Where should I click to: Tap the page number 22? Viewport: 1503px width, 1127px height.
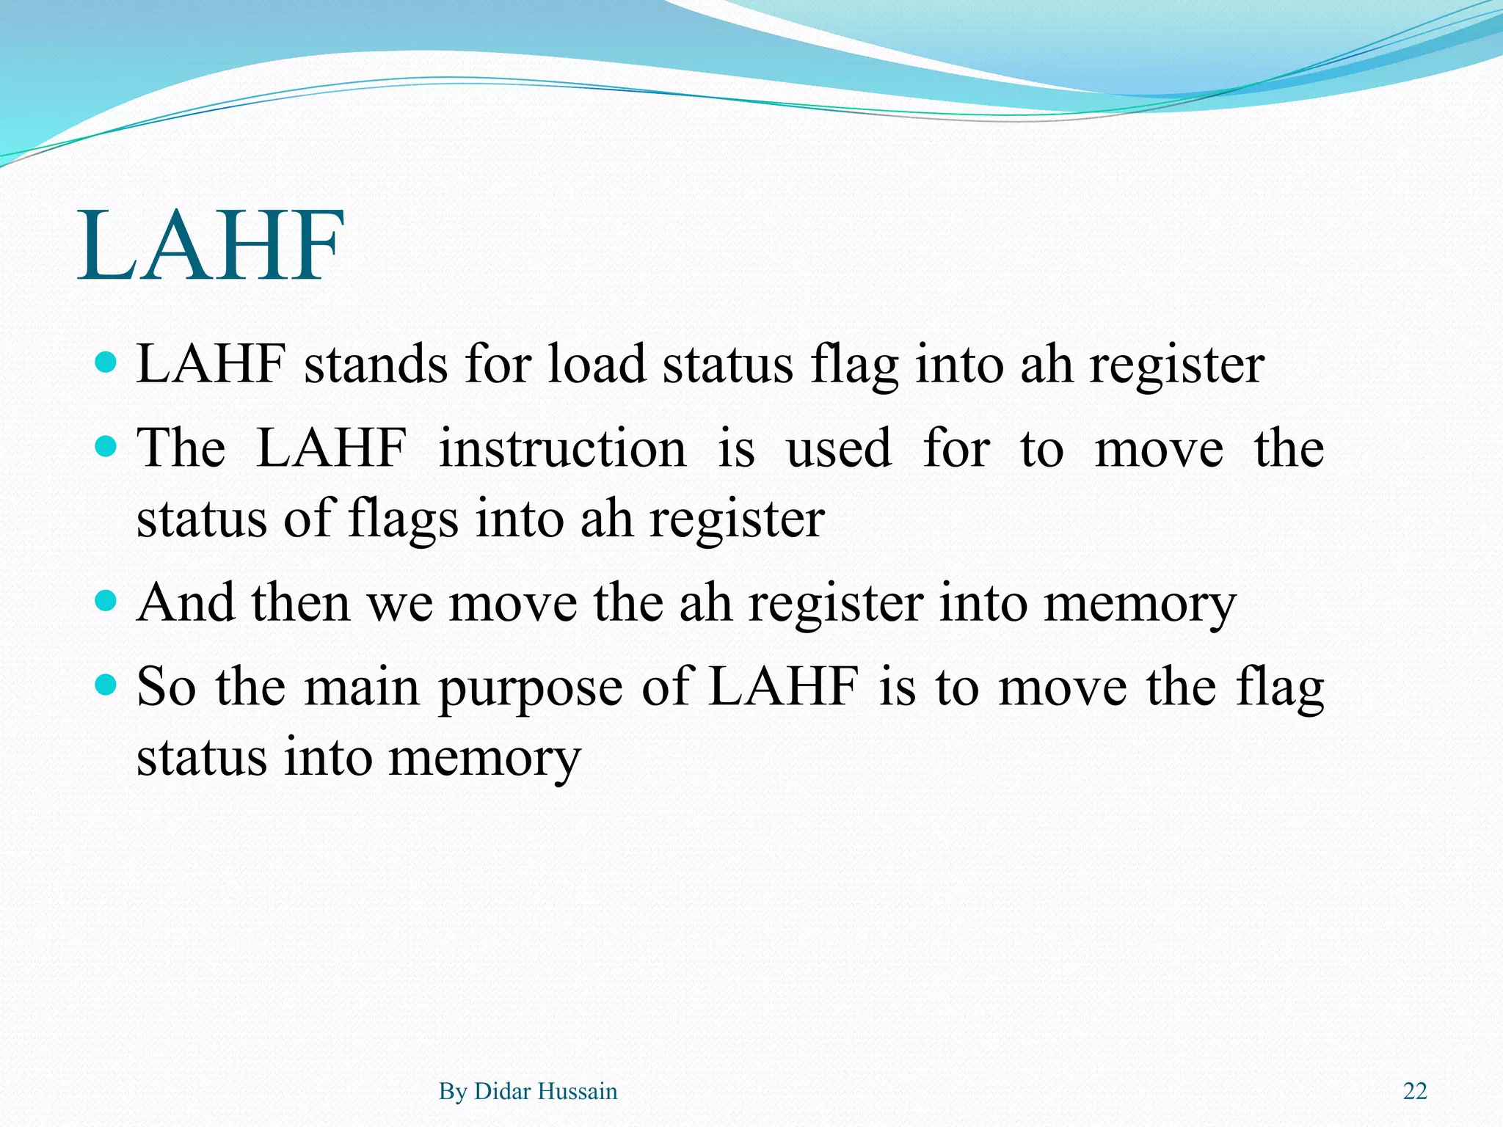pos(1414,1091)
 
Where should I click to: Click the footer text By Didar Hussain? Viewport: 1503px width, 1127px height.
pos(528,1091)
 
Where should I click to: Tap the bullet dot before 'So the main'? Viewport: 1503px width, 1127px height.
pos(106,685)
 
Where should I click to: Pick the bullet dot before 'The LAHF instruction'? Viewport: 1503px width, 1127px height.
pos(106,446)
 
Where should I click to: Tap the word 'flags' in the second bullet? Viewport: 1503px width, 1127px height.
pos(403,519)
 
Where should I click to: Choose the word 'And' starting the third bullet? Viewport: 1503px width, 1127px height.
pos(186,603)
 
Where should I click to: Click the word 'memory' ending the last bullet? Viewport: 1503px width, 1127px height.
pos(484,759)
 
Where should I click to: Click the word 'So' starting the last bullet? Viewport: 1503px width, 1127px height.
pos(166,687)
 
